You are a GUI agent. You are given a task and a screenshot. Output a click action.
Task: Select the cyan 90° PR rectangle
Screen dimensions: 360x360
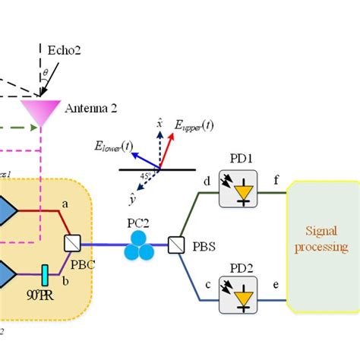click(46, 271)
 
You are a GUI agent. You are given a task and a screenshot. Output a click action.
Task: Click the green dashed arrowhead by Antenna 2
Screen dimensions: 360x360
click(34, 127)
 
